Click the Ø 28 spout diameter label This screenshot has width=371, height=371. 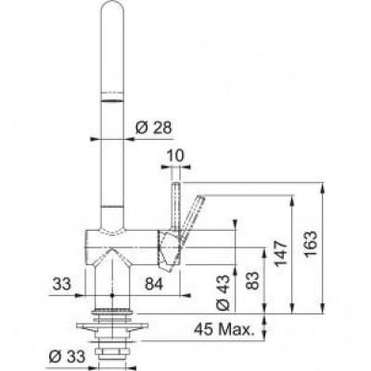tap(149, 126)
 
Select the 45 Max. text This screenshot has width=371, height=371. tap(224, 327)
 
